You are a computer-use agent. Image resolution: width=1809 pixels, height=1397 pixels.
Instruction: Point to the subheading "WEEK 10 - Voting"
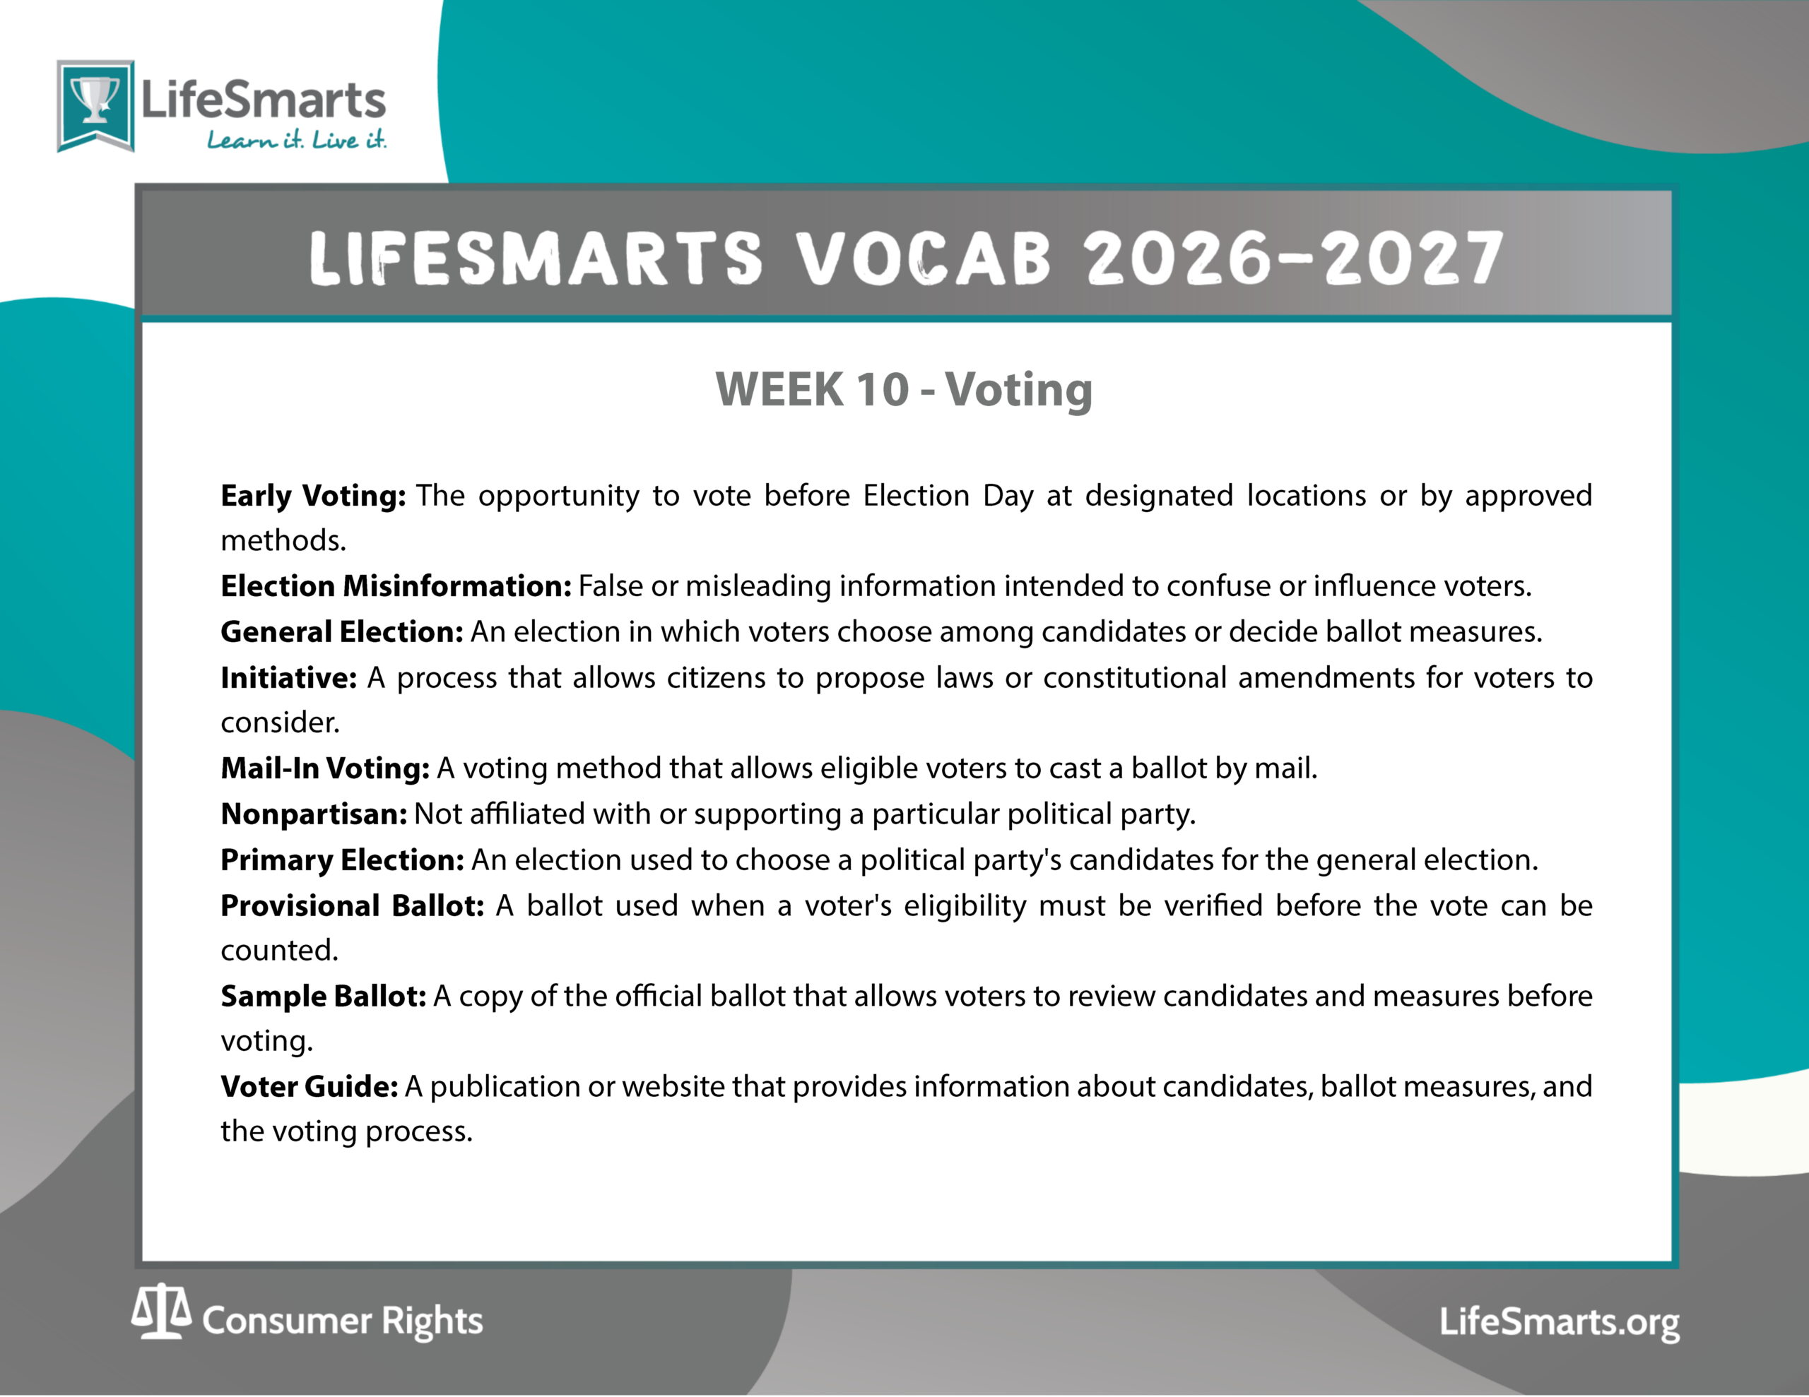click(904, 389)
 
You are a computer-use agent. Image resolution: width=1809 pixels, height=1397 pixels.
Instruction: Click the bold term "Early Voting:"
click(313, 495)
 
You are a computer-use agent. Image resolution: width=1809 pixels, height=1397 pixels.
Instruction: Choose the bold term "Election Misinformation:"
click(396, 585)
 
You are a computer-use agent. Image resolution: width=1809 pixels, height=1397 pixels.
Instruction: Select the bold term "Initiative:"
click(288, 677)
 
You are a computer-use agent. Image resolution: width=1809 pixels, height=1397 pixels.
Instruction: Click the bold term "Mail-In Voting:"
click(324, 768)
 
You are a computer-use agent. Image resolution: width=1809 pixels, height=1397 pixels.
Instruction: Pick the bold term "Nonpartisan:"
click(314, 814)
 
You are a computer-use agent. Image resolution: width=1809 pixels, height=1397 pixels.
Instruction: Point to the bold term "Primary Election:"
click(342, 860)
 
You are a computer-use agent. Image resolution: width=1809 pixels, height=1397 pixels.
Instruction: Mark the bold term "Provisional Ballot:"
click(352, 905)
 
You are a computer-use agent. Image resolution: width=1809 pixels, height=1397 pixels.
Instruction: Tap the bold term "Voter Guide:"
click(309, 1086)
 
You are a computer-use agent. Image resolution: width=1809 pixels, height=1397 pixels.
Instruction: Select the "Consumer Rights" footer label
click(342, 1321)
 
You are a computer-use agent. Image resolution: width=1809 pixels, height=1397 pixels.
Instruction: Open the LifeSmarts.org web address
click(1560, 1321)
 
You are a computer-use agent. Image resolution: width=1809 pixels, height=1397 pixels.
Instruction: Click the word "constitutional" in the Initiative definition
click(1135, 677)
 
